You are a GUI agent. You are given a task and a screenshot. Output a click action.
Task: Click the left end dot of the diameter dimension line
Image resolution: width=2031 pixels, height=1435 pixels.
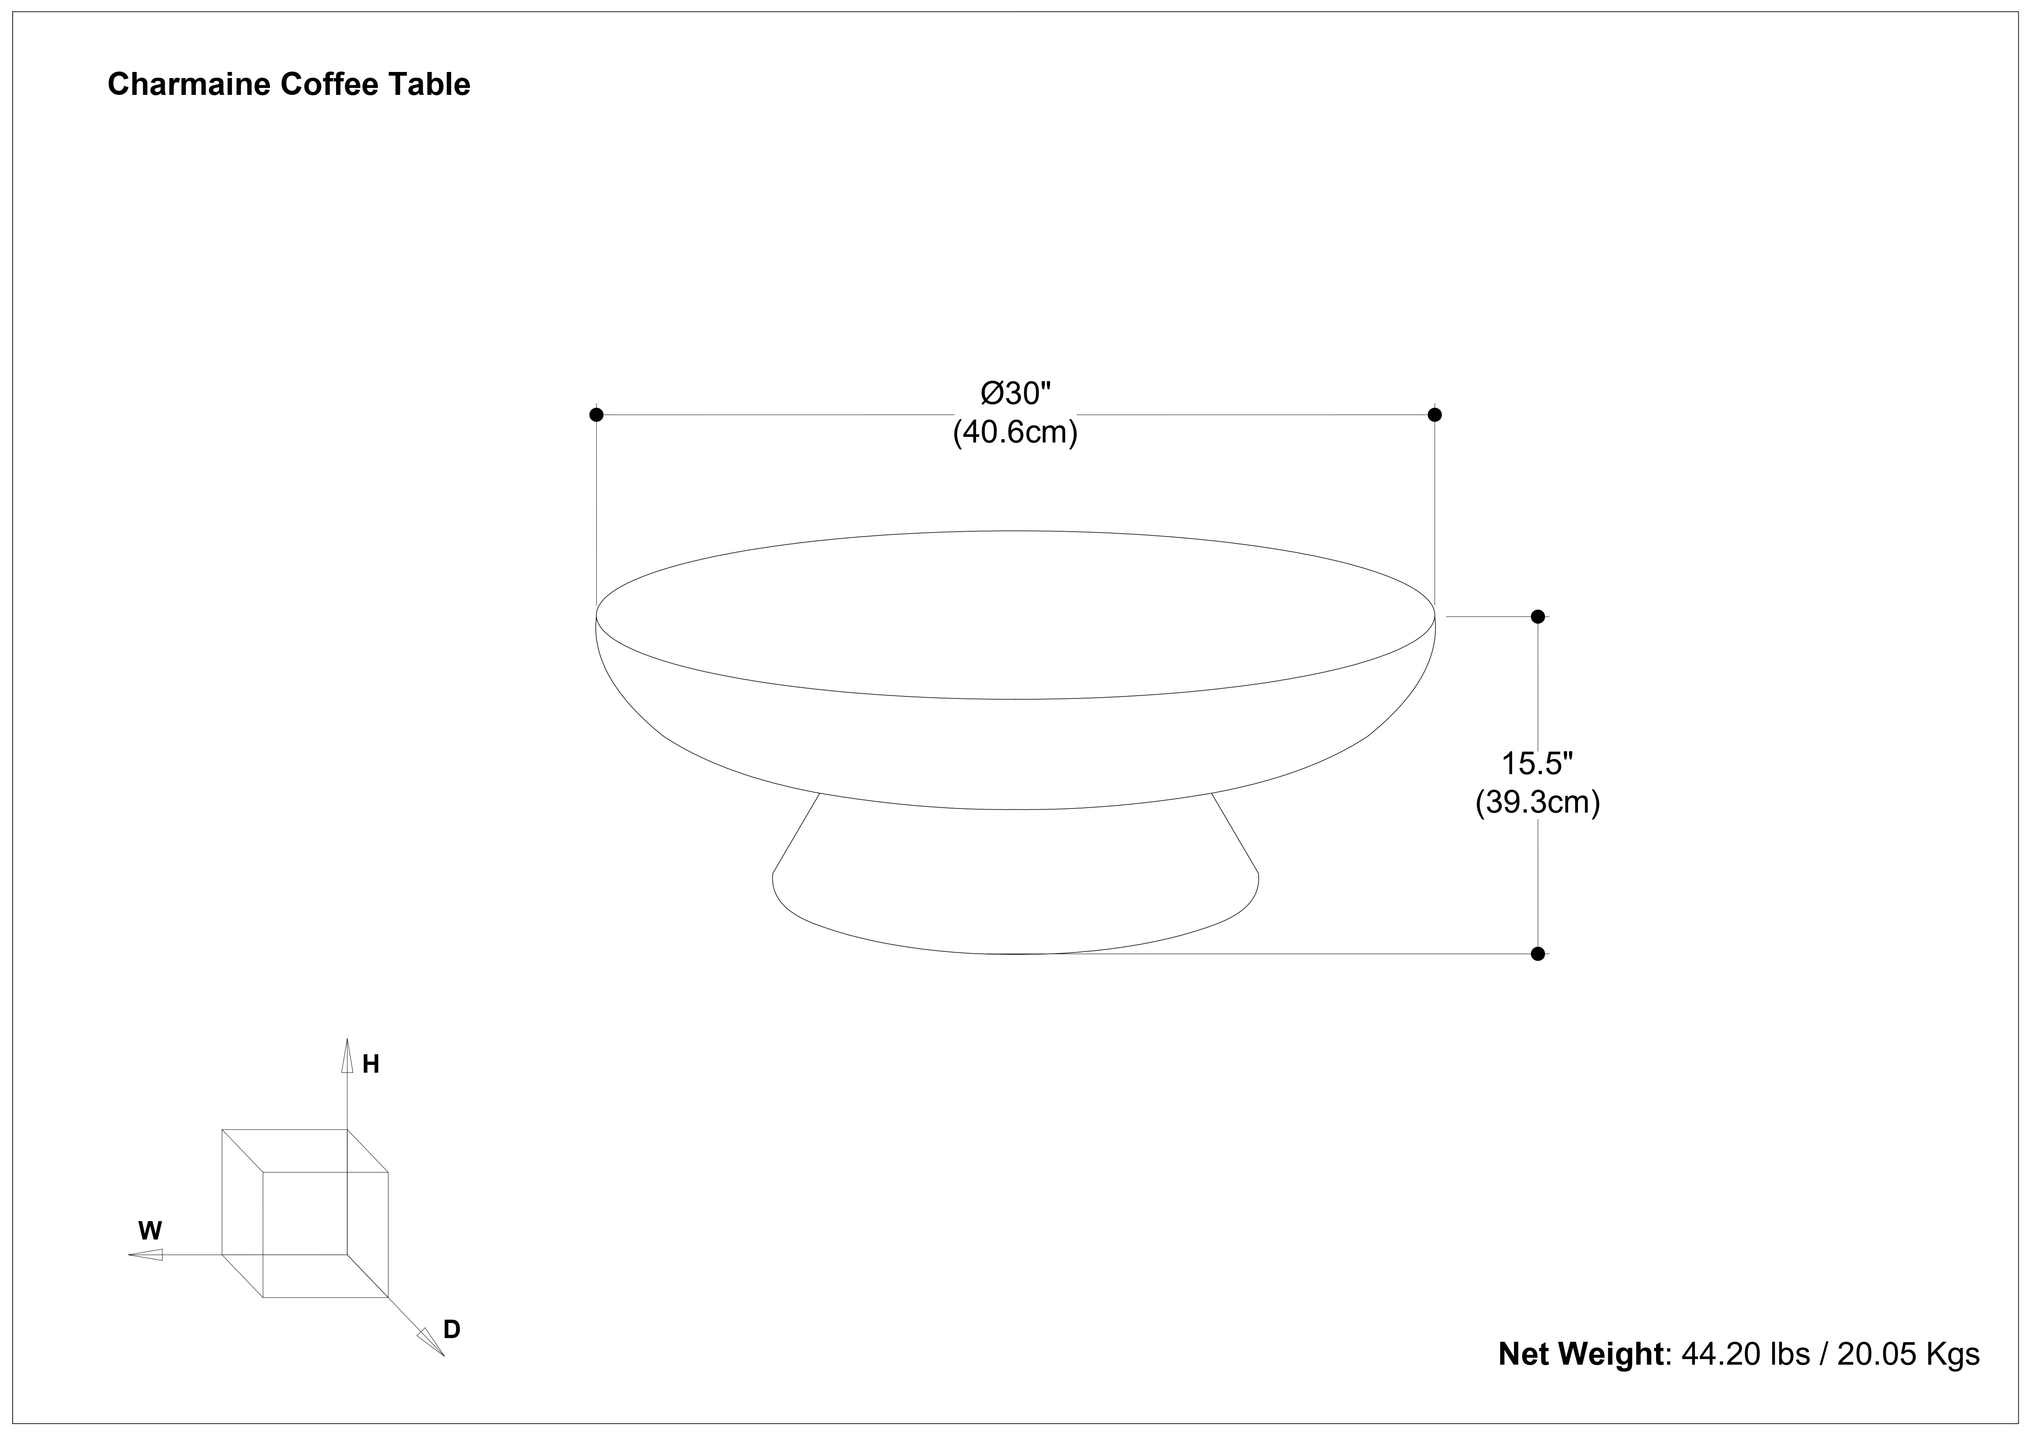tap(596, 414)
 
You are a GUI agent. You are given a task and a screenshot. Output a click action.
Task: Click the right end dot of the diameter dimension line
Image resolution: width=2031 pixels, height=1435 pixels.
tap(1435, 414)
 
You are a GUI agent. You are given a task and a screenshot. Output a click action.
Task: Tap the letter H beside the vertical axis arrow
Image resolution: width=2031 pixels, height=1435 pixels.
tap(370, 1064)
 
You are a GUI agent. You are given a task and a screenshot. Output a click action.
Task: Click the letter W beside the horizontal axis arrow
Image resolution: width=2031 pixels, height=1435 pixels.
tap(150, 1231)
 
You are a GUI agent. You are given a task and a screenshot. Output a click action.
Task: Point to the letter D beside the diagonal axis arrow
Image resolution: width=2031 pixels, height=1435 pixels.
tap(452, 1330)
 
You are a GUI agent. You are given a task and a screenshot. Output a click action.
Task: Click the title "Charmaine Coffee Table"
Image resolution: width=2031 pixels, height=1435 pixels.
tap(289, 84)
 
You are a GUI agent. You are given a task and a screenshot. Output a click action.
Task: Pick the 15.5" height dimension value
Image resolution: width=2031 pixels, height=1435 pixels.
tap(1537, 763)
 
